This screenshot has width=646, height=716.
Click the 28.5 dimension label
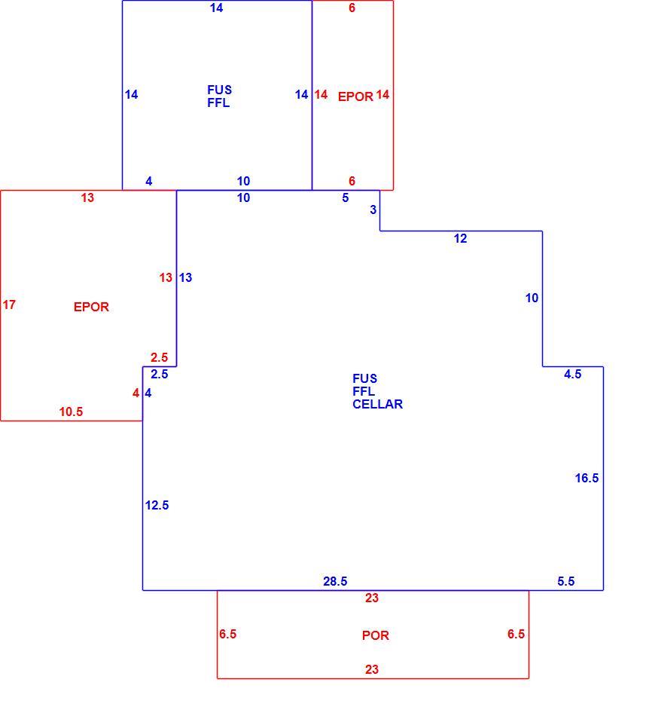(335, 581)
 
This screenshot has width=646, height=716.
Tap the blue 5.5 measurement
(565, 581)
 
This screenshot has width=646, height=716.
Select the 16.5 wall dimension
(587, 478)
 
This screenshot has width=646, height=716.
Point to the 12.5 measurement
(157, 505)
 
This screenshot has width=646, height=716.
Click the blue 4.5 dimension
(572, 374)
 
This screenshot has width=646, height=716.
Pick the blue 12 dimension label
(460, 238)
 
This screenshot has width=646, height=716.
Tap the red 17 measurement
(9, 304)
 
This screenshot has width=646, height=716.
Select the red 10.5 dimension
(72, 412)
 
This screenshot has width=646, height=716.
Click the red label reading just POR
(376, 635)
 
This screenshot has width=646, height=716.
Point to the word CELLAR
(378, 404)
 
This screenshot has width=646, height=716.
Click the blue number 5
(346, 197)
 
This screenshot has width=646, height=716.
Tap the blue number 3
(373, 210)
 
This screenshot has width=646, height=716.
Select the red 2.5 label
(159, 357)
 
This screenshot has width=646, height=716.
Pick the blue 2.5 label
(159, 374)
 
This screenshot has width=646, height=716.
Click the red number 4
(136, 393)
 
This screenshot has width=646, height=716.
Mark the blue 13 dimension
(185, 277)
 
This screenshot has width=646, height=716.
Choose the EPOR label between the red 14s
(355, 96)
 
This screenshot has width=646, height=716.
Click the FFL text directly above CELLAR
(364, 391)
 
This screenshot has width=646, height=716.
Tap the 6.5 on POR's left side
(227, 634)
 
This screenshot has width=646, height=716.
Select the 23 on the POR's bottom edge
(372, 669)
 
